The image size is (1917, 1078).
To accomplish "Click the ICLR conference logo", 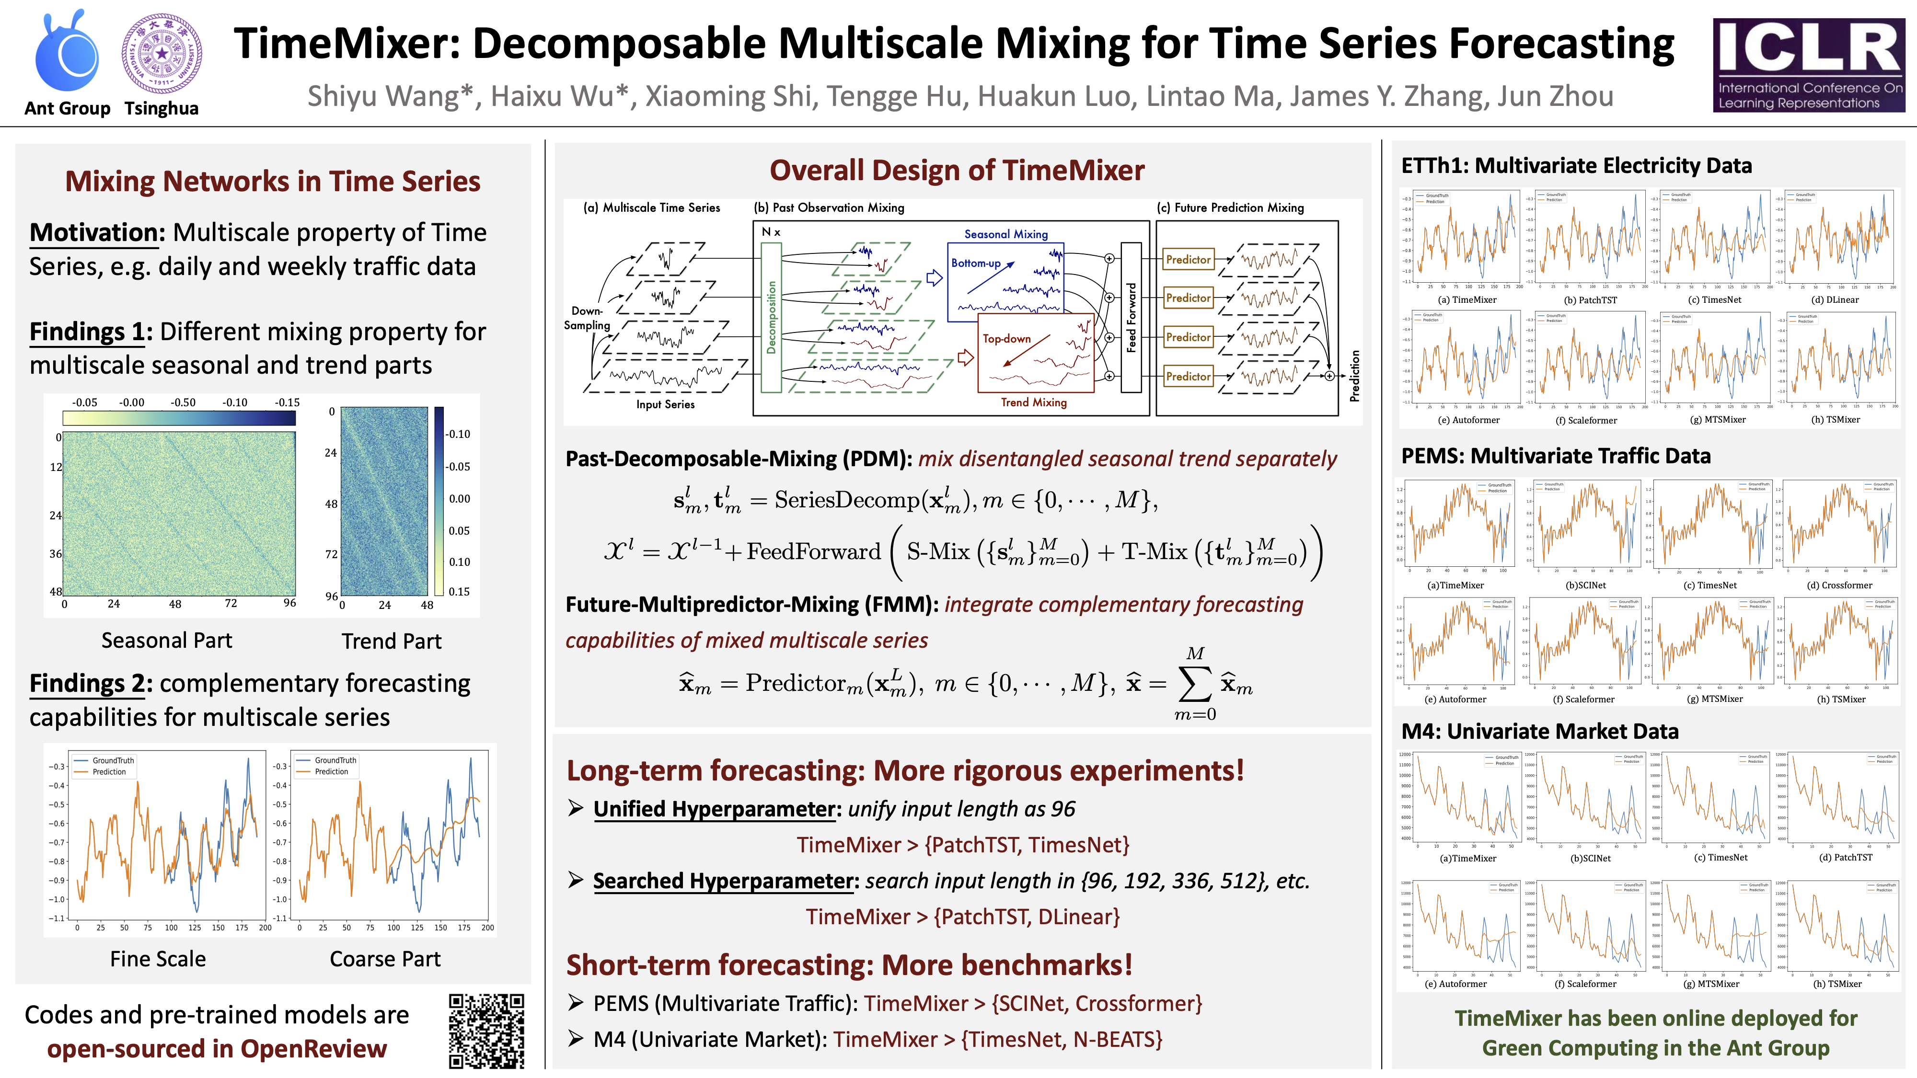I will point(1808,66).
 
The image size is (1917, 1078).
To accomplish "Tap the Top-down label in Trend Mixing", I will point(1006,339).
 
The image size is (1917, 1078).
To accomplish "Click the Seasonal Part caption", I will point(167,641).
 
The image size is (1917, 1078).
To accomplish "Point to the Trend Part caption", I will point(392,642).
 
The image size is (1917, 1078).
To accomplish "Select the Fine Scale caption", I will point(158,959).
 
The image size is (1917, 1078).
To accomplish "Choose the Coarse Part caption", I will point(385,959).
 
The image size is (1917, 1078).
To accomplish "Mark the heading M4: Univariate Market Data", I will point(1540,731).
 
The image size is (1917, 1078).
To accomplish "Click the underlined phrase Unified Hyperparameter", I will point(715,809).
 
